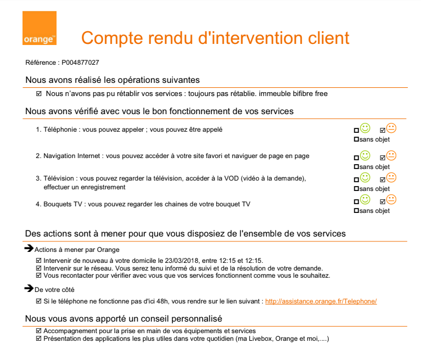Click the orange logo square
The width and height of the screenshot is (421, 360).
[x=39, y=28]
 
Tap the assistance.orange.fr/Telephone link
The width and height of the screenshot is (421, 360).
[x=321, y=301]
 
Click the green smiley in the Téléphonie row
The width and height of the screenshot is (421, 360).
[x=365, y=128]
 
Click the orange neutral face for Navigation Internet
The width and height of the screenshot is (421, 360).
[x=391, y=156]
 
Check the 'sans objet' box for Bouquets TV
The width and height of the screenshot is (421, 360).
[x=357, y=211]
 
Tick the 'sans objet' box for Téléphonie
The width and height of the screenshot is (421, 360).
[x=357, y=139]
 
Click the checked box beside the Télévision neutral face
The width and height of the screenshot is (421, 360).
[x=383, y=179]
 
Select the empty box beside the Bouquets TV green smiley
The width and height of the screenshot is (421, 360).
[x=357, y=201]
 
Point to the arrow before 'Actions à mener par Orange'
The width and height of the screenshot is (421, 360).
[x=29, y=249]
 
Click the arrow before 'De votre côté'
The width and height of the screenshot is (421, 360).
[x=29, y=288]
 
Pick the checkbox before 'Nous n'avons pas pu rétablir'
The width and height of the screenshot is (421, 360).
[x=38, y=94]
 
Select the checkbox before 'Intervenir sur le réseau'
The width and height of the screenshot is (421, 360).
[x=38, y=268]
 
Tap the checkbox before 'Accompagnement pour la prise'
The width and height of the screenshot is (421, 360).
[x=38, y=331]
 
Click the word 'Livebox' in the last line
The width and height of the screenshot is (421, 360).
[x=260, y=339]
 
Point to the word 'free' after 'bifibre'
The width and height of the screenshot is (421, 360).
[x=321, y=94]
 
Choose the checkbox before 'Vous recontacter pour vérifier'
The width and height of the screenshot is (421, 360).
[x=38, y=275]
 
